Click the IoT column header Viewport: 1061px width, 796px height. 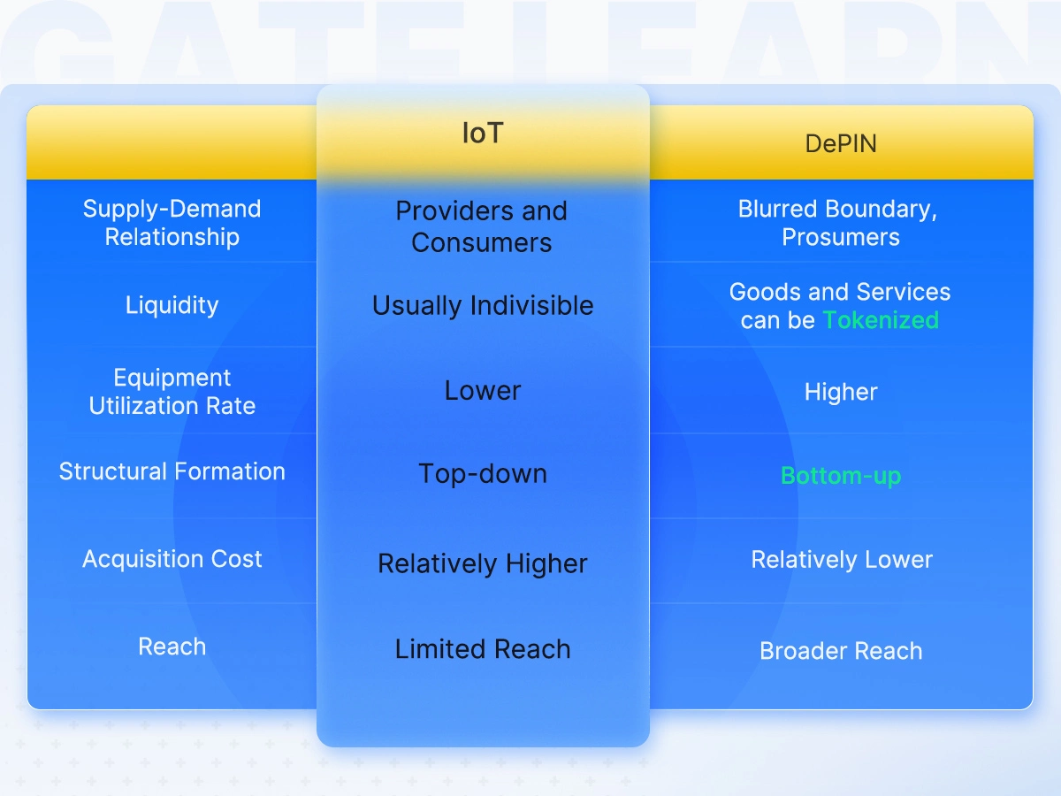point(483,133)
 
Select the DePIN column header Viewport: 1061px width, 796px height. point(841,143)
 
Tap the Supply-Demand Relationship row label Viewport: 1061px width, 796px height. point(172,223)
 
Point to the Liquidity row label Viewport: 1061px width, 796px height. point(172,305)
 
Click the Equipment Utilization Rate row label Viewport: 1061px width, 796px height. point(172,392)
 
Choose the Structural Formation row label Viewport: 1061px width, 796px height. point(172,471)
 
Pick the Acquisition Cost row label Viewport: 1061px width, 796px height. point(172,559)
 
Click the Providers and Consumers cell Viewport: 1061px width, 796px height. point(482,226)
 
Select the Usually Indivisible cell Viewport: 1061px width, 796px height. point(483,305)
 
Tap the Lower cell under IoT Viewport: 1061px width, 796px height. point(483,391)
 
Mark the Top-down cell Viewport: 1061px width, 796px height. point(483,474)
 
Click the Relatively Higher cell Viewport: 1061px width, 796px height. point(483,563)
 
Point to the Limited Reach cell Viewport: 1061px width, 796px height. point(483,648)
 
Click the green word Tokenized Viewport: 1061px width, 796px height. point(881,320)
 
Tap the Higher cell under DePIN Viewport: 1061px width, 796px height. point(841,392)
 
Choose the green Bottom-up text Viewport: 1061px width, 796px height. point(841,476)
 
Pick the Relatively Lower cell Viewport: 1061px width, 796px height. point(842,560)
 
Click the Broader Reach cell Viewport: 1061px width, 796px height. point(841,651)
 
